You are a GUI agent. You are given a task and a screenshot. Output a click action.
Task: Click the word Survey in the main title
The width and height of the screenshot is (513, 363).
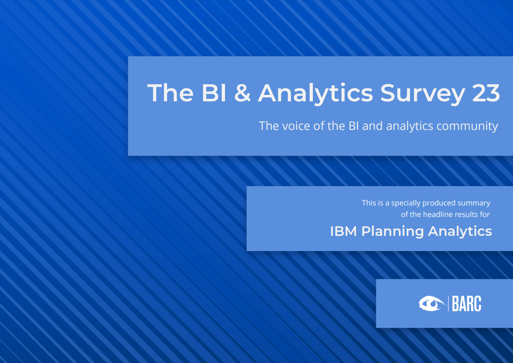click(x=423, y=94)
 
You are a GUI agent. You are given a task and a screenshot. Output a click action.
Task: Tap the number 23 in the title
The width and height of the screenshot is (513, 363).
click(x=486, y=93)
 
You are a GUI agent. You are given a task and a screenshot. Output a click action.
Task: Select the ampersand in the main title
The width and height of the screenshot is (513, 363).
click(x=242, y=93)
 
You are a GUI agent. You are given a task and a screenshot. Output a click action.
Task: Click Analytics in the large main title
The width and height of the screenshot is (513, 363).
click(x=315, y=94)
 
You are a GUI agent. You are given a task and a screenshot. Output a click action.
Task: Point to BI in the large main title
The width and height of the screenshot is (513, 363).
click(x=213, y=93)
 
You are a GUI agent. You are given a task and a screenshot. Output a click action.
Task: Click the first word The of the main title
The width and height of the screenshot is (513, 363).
click(x=170, y=93)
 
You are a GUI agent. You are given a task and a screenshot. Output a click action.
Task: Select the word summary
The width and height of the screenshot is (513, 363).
click(x=474, y=204)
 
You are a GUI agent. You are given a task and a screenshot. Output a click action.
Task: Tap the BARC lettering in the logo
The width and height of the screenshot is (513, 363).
click(x=467, y=304)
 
